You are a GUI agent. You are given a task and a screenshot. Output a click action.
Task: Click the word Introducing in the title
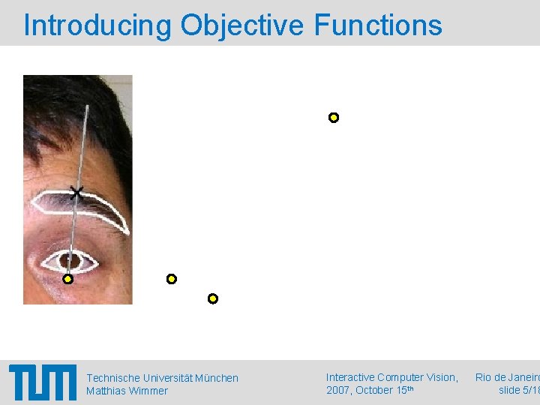[x=97, y=25]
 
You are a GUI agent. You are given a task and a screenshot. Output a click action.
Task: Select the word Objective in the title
[x=242, y=25]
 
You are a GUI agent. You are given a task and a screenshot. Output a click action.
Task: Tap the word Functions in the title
[x=378, y=25]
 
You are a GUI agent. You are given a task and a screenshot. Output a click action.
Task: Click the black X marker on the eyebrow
[x=76, y=193]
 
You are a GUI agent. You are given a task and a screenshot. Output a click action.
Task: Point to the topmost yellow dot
[x=334, y=118]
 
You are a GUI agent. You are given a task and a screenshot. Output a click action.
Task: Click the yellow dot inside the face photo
[x=67, y=279]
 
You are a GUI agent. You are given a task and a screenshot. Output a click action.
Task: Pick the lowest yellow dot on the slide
[x=213, y=298]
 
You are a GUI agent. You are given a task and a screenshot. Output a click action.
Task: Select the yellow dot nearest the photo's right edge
[x=172, y=279]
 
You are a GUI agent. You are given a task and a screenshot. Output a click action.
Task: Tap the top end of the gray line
[x=87, y=106]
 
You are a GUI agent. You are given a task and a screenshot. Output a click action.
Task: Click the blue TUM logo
[x=43, y=382]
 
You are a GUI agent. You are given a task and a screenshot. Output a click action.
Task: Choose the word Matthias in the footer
[x=105, y=391]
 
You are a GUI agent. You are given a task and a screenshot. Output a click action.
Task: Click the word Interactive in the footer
[x=350, y=377]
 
